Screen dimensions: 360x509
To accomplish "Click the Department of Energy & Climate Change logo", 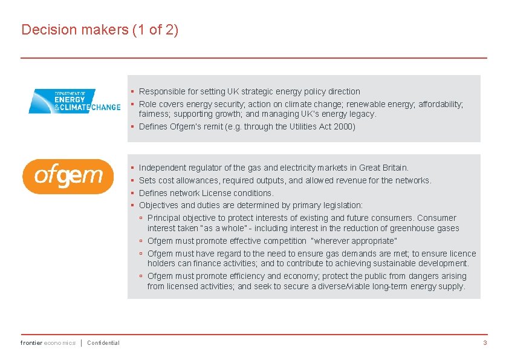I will click(x=74, y=101).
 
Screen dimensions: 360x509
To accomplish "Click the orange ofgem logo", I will click(x=68, y=176).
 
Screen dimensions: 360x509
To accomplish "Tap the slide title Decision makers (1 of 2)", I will click(x=100, y=30).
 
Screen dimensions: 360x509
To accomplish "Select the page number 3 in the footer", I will click(x=485, y=343).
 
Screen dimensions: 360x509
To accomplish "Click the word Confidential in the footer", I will click(x=103, y=343).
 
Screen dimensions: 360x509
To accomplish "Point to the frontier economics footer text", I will click(x=48, y=343).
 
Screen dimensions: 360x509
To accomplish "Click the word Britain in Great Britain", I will click(x=394, y=168).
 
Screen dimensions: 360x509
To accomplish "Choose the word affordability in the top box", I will click(x=438, y=104).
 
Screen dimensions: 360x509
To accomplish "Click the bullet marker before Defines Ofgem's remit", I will click(x=132, y=126).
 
